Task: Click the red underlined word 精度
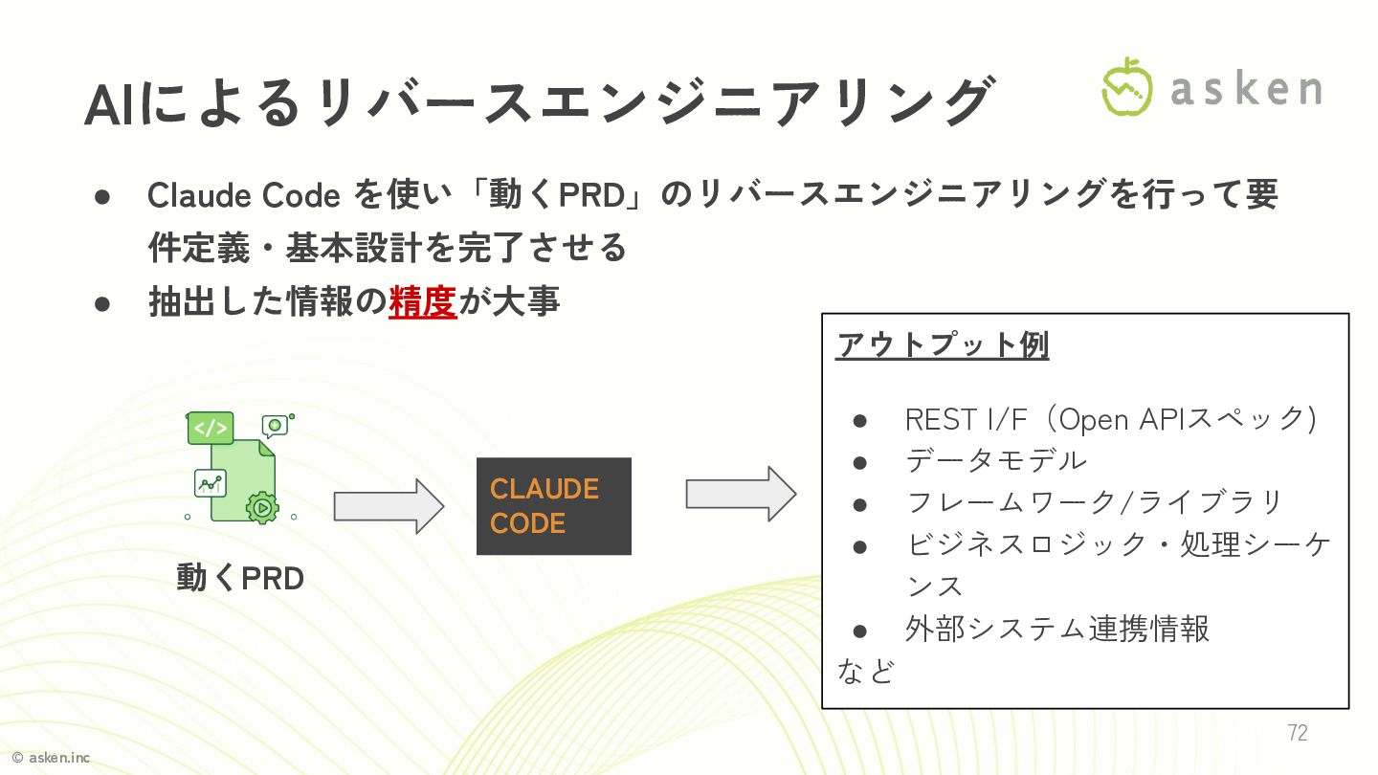point(422,301)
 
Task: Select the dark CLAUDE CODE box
point(553,506)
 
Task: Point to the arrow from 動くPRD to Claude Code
point(389,505)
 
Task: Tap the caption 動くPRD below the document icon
point(240,578)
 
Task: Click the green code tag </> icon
point(210,428)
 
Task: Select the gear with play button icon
point(260,505)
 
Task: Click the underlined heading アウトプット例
point(943,344)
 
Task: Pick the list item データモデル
point(996,460)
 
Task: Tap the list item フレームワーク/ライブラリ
point(1094,501)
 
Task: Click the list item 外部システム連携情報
point(1057,629)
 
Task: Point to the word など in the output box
point(865,670)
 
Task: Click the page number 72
point(1297,733)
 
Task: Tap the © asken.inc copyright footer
point(51,758)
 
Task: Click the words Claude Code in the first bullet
point(243,195)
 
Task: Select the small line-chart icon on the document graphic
point(209,483)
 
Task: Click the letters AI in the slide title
point(114,105)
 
